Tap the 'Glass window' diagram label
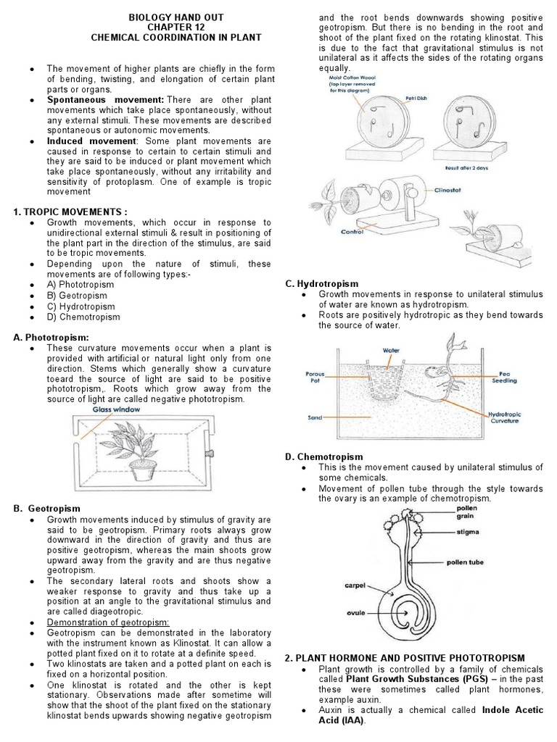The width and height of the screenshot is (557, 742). (116, 409)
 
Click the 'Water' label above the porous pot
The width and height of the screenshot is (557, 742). (392, 351)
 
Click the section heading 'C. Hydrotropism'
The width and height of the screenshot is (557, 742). (321, 283)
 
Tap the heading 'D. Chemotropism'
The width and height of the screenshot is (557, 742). (323, 457)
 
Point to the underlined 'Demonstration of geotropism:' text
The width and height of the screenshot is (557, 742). (107, 622)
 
